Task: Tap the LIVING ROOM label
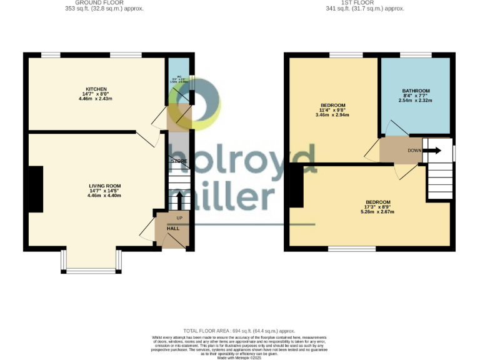[104, 186]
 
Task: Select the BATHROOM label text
[416, 91]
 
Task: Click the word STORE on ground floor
[180, 161]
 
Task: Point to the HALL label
[173, 228]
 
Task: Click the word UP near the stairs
[179, 217]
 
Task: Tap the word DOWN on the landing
[414, 151]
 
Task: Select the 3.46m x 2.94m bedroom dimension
[332, 115]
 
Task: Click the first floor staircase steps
[440, 179]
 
